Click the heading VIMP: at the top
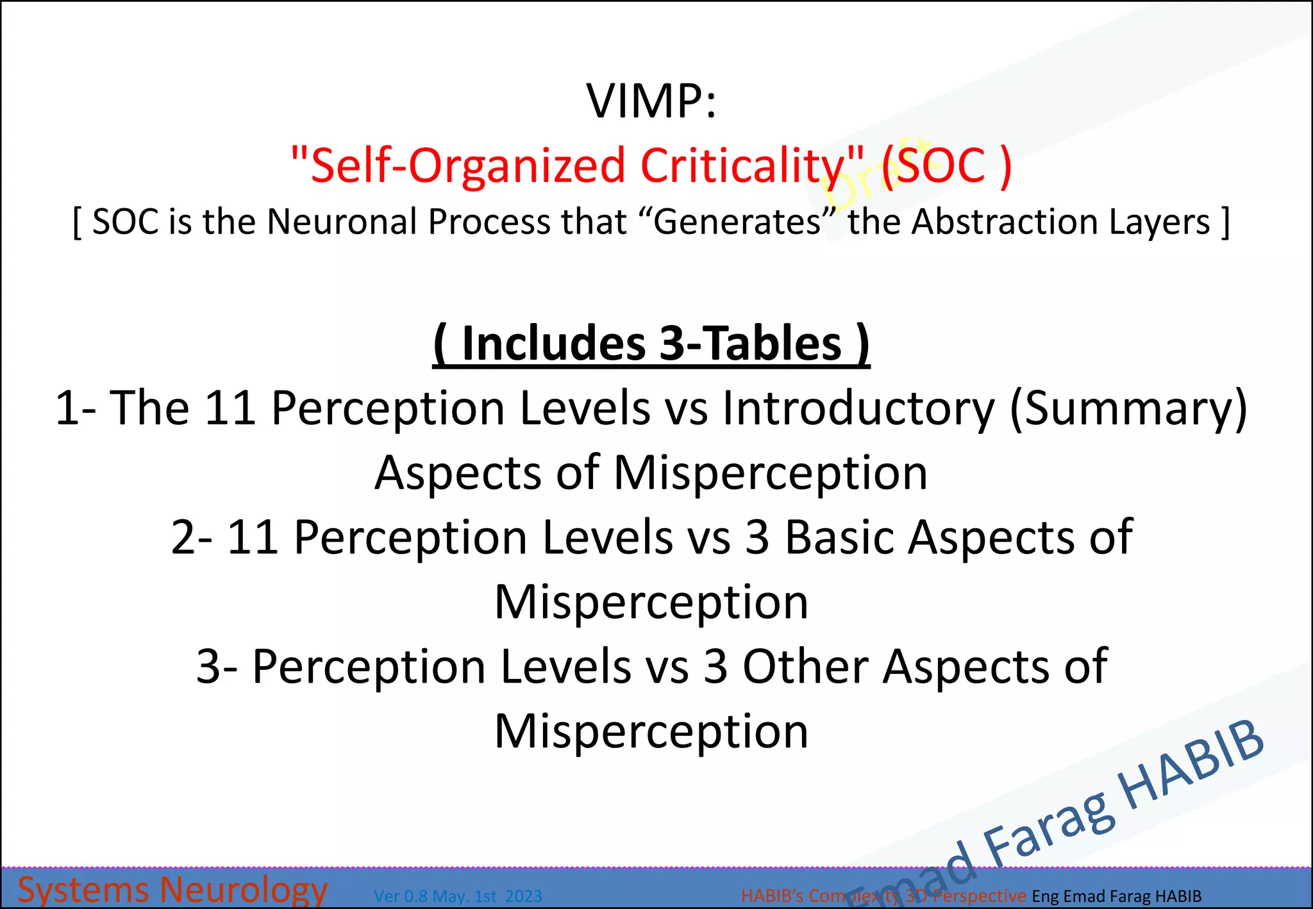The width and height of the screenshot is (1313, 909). pyautogui.click(x=651, y=101)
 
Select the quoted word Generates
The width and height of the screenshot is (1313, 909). pyautogui.click(x=737, y=222)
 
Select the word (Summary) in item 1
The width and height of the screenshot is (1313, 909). pyautogui.click(x=1128, y=408)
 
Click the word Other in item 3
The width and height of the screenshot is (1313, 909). pyautogui.click(x=805, y=667)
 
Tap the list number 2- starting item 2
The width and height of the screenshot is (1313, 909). pyautogui.click(x=192, y=537)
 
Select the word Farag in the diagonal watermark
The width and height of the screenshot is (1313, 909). pyautogui.click(x=1051, y=827)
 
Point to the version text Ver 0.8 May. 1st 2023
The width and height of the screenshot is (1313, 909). pyautogui.click(x=458, y=896)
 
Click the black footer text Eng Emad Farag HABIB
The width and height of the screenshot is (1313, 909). pyautogui.click(x=1116, y=896)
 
